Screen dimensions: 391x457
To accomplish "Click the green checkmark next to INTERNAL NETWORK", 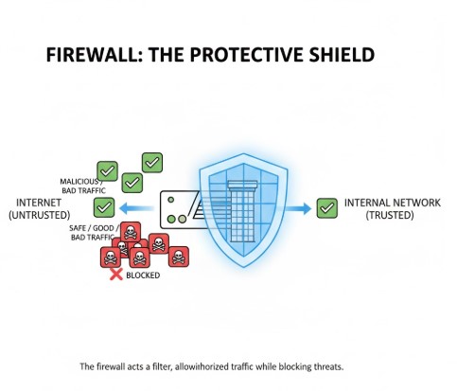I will click(x=326, y=206).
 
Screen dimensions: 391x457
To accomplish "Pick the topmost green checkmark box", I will click(x=151, y=163).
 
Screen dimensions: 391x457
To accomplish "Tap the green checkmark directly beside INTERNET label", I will click(x=104, y=206).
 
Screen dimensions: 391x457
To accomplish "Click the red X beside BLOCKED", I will click(x=116, y=275).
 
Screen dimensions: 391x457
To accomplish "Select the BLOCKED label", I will click(x=143, y=275).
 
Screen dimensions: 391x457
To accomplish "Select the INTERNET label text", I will click(x=40, y=203).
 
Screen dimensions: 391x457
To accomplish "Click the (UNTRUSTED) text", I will click(x=40, y=216).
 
